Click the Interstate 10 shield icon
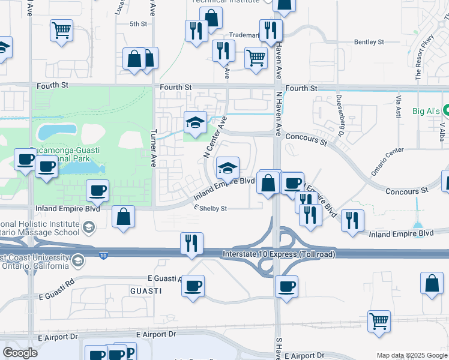[x=104, y=256]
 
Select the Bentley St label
[x=369, y=42]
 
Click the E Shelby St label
[x=209, y=209]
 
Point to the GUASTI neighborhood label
[x=145, y=290]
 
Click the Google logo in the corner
[x=20, y=353]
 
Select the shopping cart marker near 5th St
[x=62, y=31]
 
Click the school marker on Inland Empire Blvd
[x=228, y=169]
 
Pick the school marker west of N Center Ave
[x=194, y=124]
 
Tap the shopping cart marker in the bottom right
[x=379, y=322]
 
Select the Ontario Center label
[x=387, y=163]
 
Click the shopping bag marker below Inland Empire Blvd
[x=123, y=218]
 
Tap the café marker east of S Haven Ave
[x=288, y=287]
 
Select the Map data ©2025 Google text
[x=411, y=355]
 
